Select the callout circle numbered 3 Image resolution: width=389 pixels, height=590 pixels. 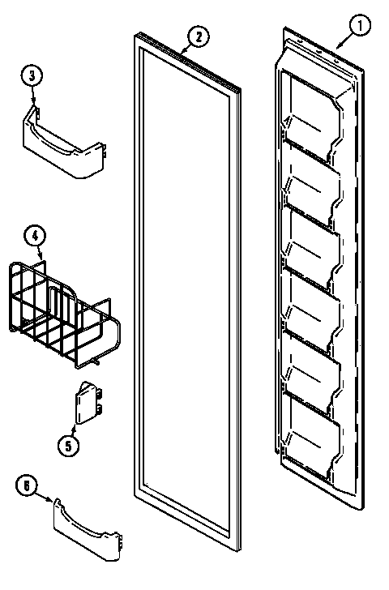[x=32, y=76]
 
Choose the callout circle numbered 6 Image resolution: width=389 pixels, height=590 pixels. [x=28, y=485]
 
